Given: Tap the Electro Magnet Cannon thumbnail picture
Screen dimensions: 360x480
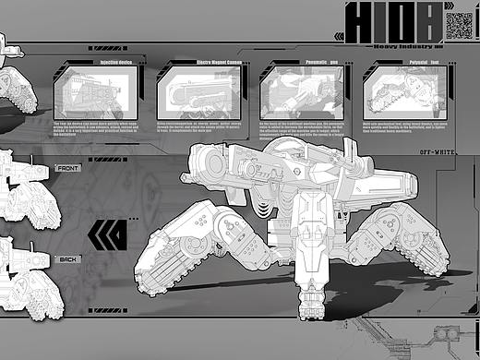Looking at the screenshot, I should click(x=197, y=93).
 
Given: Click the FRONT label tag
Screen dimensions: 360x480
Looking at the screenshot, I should click(x=68, y=169).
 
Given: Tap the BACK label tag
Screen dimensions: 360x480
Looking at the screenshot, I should click(x=68, y=259).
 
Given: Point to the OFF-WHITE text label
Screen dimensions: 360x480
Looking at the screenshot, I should click(x=438, y=150).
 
